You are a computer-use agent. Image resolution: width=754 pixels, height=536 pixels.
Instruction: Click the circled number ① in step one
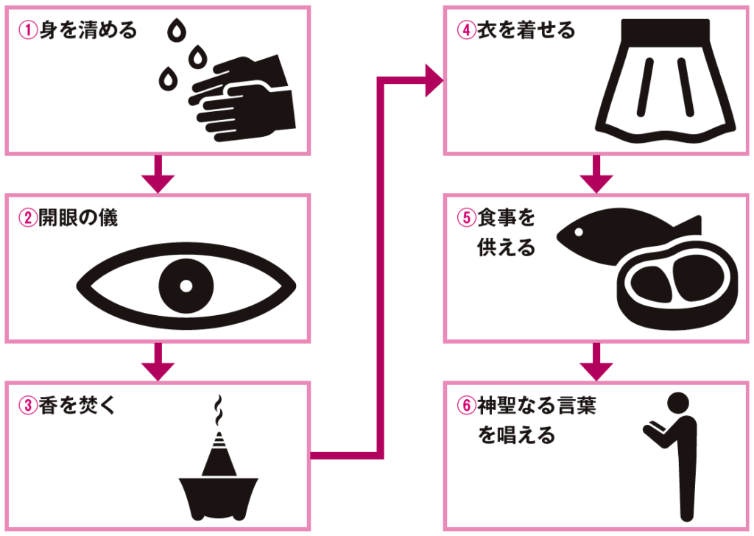click(x=27, y=32)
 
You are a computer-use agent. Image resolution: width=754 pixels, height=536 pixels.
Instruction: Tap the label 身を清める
click(x=86, y=32)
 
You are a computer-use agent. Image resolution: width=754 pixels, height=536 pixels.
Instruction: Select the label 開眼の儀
click(x=77, y=219)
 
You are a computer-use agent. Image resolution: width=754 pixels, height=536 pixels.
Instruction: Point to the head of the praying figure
click(x=677, y=404)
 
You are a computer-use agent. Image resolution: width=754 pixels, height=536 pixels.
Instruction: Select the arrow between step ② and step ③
click(x=158, y=362)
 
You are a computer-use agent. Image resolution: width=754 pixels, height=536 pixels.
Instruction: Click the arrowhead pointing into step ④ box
click(x=433, y=80)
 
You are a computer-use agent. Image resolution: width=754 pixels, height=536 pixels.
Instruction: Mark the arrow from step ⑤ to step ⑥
click(x=596, y=362)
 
